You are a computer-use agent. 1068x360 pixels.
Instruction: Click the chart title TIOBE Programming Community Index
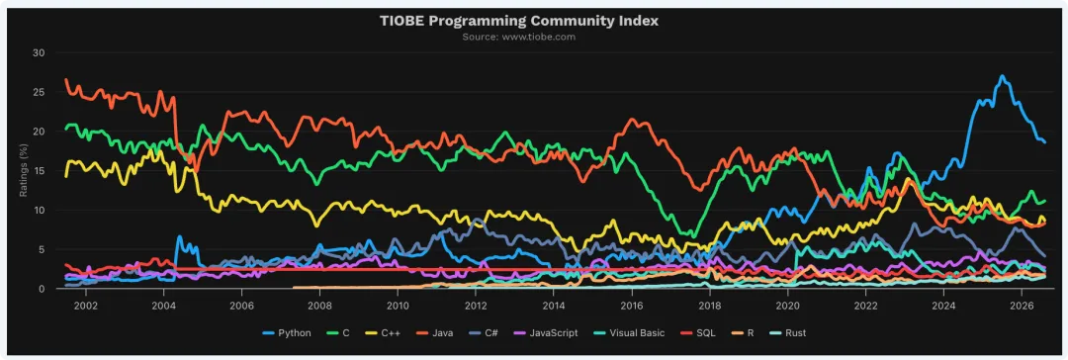(x=519, y=21)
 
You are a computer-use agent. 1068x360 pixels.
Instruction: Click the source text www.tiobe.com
(x=539, y=37)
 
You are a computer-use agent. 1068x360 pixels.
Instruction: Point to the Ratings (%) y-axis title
(x=23, y=170)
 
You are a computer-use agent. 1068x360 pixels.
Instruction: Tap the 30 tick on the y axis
(x=39, y=52)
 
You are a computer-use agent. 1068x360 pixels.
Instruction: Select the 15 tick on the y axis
(x=40, y=170)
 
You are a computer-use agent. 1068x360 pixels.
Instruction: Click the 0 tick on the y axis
(x=42, y=289)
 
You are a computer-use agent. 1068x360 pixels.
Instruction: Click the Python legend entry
(x=287, y=333)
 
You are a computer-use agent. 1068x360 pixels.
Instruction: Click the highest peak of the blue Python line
(x=1001, y=76)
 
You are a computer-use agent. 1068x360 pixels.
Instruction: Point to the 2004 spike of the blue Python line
(x=179, y=237)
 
